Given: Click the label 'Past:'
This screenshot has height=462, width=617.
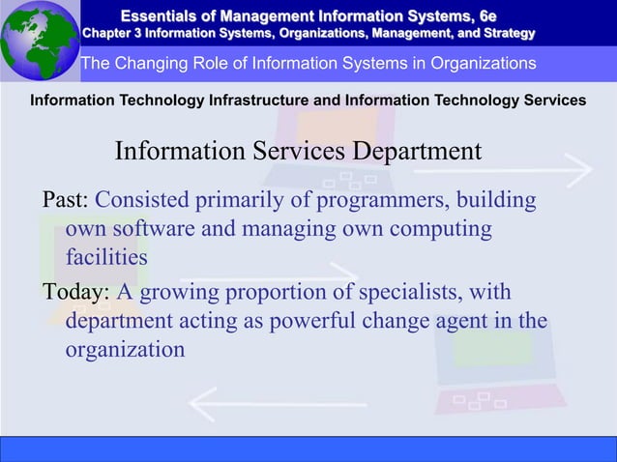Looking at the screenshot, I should click(65, 200).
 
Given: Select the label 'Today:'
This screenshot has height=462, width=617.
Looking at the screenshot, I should click(76, 292).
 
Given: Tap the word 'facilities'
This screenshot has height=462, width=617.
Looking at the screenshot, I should click(106, 259).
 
